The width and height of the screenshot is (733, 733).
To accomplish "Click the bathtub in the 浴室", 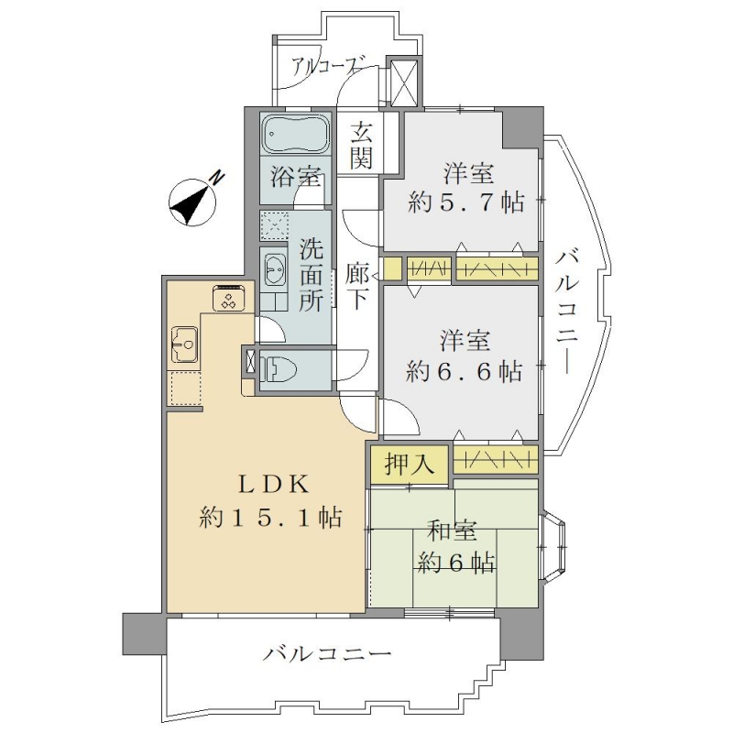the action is pos(296,133).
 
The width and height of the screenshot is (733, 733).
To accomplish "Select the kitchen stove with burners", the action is pos(229,297).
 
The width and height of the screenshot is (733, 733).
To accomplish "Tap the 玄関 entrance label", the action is pos(362,145).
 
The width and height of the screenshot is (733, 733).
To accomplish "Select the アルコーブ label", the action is pos(329,67).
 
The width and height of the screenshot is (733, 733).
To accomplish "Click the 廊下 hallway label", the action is pos(358,286).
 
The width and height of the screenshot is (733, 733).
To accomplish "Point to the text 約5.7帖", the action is pos(465,202).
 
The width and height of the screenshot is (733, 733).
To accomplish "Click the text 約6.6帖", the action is pos(464,371).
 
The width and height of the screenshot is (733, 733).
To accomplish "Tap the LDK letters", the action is pos(273,485).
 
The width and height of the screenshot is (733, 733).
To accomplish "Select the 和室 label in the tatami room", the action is pos(452,531).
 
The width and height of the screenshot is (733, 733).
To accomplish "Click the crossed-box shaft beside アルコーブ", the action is pos(403,82).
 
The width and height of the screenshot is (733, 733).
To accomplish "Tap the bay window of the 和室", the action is pos(553,546).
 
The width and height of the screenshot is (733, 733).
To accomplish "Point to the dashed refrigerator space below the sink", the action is pos(186,388).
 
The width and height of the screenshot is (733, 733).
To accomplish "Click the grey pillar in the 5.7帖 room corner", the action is pos(522,126).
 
